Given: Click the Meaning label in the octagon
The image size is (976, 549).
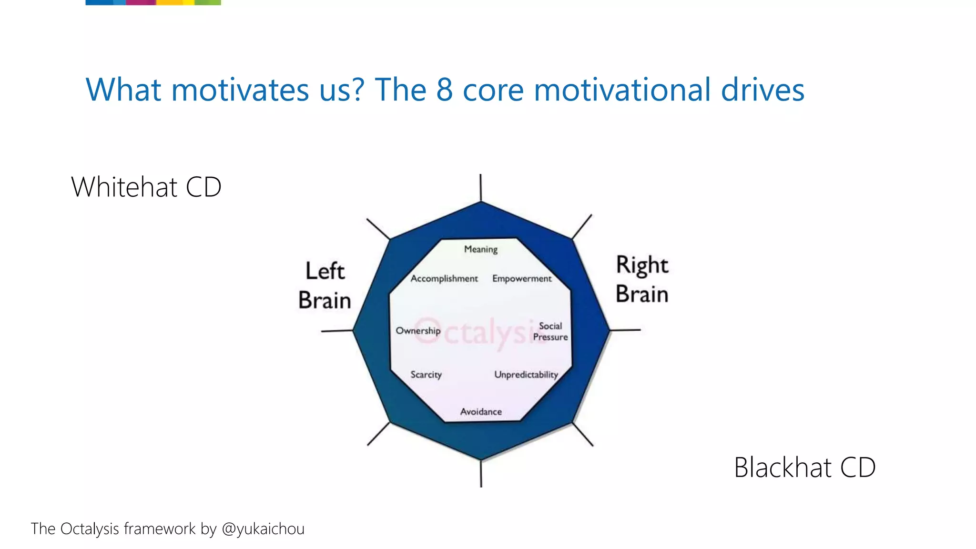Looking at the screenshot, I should tap(480, 249).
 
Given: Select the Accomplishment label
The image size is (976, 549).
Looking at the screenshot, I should tap(444, 278).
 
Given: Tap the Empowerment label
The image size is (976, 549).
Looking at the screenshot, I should tap(522, 278).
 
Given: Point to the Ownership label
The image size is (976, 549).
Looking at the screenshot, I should tap(418, 330).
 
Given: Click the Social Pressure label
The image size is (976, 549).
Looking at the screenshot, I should tap(550, 331).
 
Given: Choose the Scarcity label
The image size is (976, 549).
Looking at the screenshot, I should tap(426, 375).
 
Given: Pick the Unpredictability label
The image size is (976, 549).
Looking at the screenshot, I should tap(526, 375).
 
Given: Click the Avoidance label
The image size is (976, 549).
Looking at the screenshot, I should tap(481, 412).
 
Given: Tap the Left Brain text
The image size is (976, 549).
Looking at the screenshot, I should tap(325, 285).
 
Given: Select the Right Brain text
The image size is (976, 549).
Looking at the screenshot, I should tap(642, 279).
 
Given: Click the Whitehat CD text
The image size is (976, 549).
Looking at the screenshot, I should tap(146, 187).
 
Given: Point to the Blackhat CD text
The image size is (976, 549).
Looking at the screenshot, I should tap(804, 467).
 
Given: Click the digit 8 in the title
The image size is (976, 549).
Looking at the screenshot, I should tap(444, 90).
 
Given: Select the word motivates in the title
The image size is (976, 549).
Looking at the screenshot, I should tap(240, 90).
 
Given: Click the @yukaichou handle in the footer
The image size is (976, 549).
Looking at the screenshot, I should tap(263, 529).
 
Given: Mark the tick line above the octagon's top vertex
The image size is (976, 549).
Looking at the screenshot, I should tap(480, 187).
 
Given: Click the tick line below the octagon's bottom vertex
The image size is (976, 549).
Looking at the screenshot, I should tap(481, 474).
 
